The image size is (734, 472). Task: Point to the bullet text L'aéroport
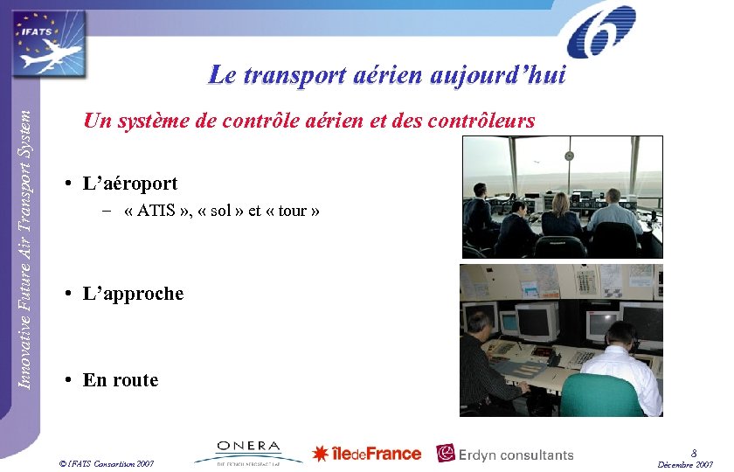click(x=129, y=184)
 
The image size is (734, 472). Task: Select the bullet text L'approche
click(x=133, y=294)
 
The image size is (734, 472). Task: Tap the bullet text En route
click(x=121, y=380)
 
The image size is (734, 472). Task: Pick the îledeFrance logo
click(x=367, y=454)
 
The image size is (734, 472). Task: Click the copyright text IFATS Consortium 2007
click(x=107, y=462)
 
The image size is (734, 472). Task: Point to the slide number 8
click(x=693, y=453)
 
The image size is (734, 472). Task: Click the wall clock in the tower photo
click(x=569, y=156)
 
